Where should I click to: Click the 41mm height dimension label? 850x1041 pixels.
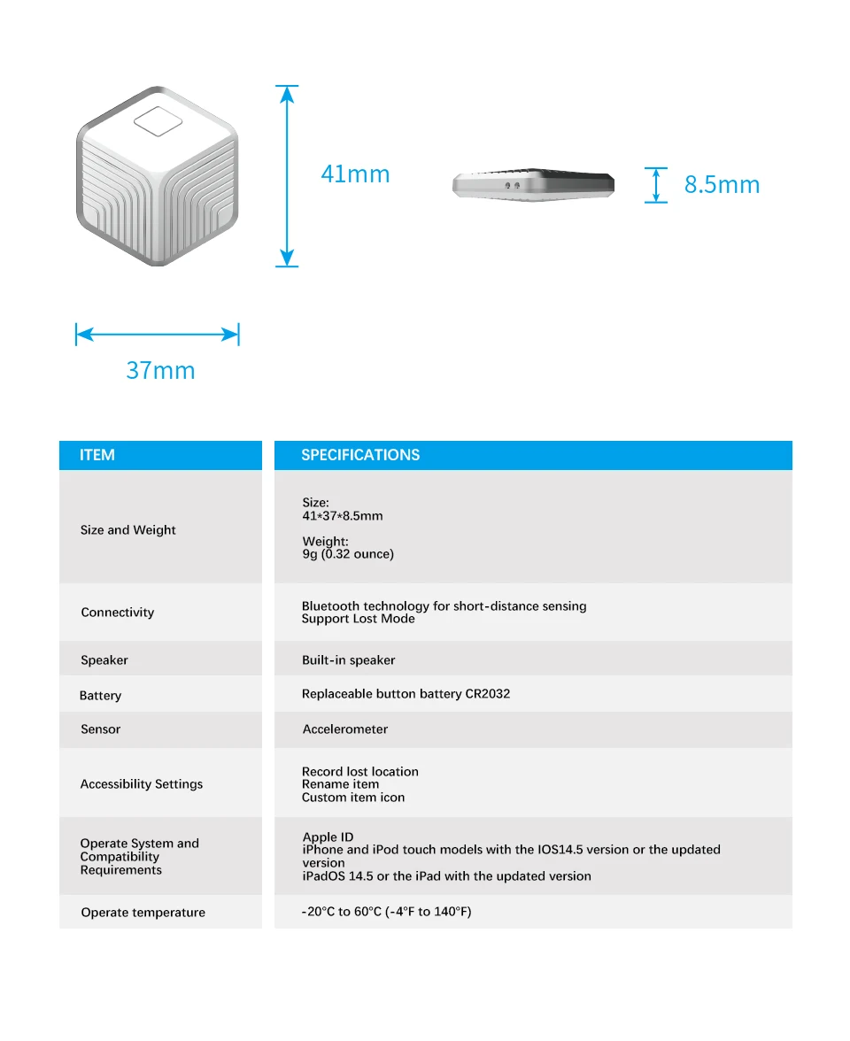pos(355,174)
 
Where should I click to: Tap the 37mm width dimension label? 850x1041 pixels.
pos(160,370)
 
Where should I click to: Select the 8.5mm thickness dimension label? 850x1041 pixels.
pos(722,185)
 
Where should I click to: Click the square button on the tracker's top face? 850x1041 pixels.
pos(158,122)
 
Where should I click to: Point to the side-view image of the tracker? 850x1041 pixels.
pos(533,184)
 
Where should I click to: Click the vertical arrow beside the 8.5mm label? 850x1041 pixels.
pos(655,185)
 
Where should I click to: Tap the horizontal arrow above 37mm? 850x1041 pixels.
pos(158,334)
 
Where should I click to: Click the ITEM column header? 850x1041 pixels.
pos(97,455)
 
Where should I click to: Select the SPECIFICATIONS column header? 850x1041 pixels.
pos(360,455)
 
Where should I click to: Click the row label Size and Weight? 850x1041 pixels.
pos(128,530)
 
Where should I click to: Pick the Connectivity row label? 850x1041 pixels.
pos(118,613)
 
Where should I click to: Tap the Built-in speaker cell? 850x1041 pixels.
pos(348,660)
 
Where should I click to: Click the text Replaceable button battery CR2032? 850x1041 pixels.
pos(406,694)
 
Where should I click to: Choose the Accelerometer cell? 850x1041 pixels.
pos(345,729)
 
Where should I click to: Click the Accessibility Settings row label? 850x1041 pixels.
pos(142,784)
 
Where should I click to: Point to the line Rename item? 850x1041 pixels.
pos(340,784)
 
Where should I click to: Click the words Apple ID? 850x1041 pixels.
pos(328,837)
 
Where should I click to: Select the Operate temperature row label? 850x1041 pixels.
pos(143,913)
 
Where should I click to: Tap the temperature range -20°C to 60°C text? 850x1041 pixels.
pos(386,912)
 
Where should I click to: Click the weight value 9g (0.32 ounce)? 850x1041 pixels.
pos(348,555)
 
